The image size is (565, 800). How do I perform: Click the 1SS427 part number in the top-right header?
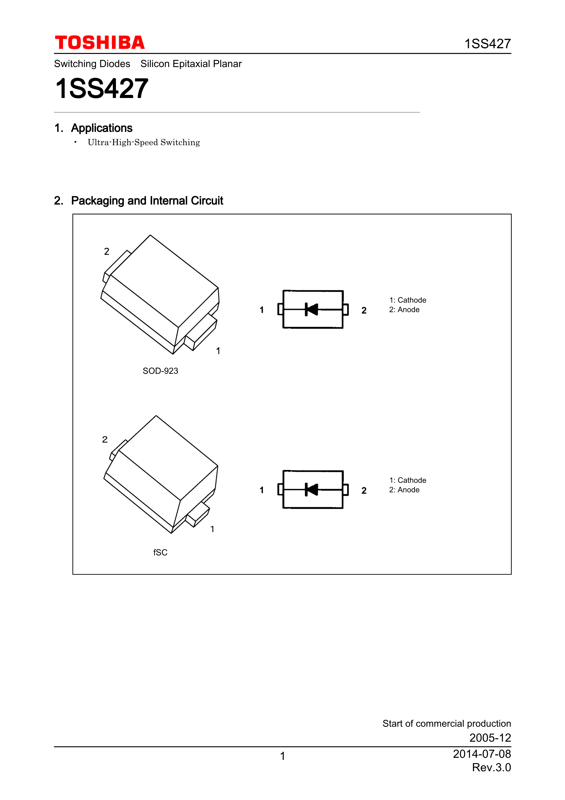[487, 44]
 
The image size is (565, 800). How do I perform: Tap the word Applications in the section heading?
[102, 128]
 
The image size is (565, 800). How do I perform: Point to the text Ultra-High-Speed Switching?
[144, 143]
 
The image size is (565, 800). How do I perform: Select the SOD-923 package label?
[160, 371]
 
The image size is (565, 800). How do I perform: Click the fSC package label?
[160, 552]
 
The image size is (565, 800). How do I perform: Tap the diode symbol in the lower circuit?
[312, 490]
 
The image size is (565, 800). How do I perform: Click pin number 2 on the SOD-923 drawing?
[106, 252]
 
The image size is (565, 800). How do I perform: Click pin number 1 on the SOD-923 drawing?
[218, 351]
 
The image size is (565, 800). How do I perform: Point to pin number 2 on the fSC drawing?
[105, 439]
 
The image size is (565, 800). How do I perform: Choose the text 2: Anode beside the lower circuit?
[404, 490]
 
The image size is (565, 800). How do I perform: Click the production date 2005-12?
[490, 738]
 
